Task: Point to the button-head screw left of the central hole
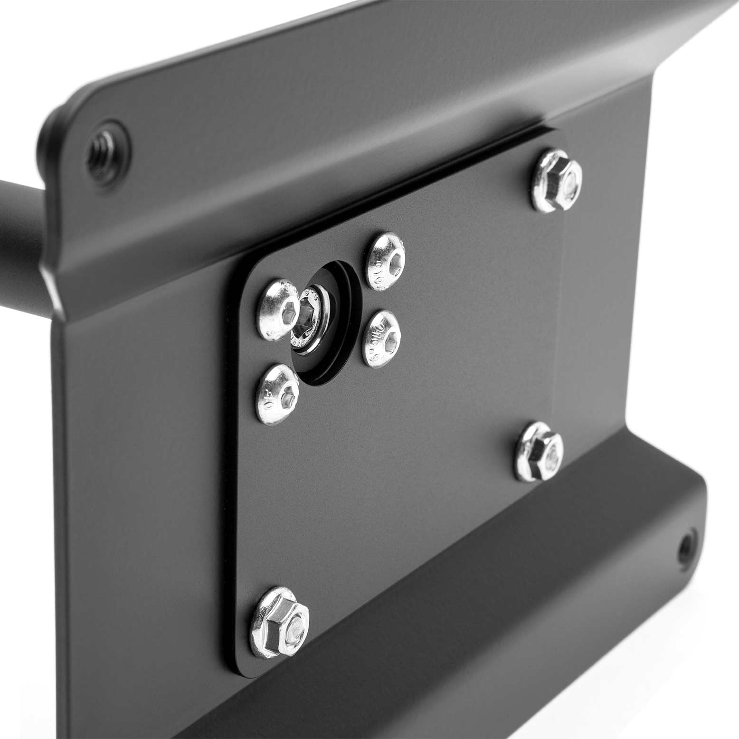pos(280,311)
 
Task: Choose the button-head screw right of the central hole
pos(381,337)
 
